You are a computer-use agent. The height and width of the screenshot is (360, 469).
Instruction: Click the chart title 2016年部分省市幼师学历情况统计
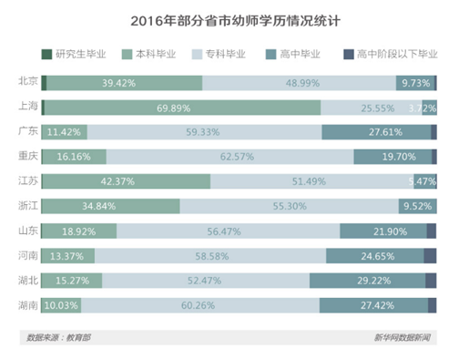click(x=235, y=18)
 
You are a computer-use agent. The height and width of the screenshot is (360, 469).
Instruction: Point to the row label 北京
click(x=28, y=81)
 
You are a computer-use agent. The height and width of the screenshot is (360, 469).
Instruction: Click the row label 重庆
click(x=28, y=156)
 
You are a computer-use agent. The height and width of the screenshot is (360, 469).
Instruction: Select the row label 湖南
click(x=28, y=304)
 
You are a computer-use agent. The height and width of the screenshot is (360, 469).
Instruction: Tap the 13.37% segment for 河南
click(x=69, y=256)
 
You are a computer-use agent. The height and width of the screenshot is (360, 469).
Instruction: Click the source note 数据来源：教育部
click(x=57, y=339)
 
